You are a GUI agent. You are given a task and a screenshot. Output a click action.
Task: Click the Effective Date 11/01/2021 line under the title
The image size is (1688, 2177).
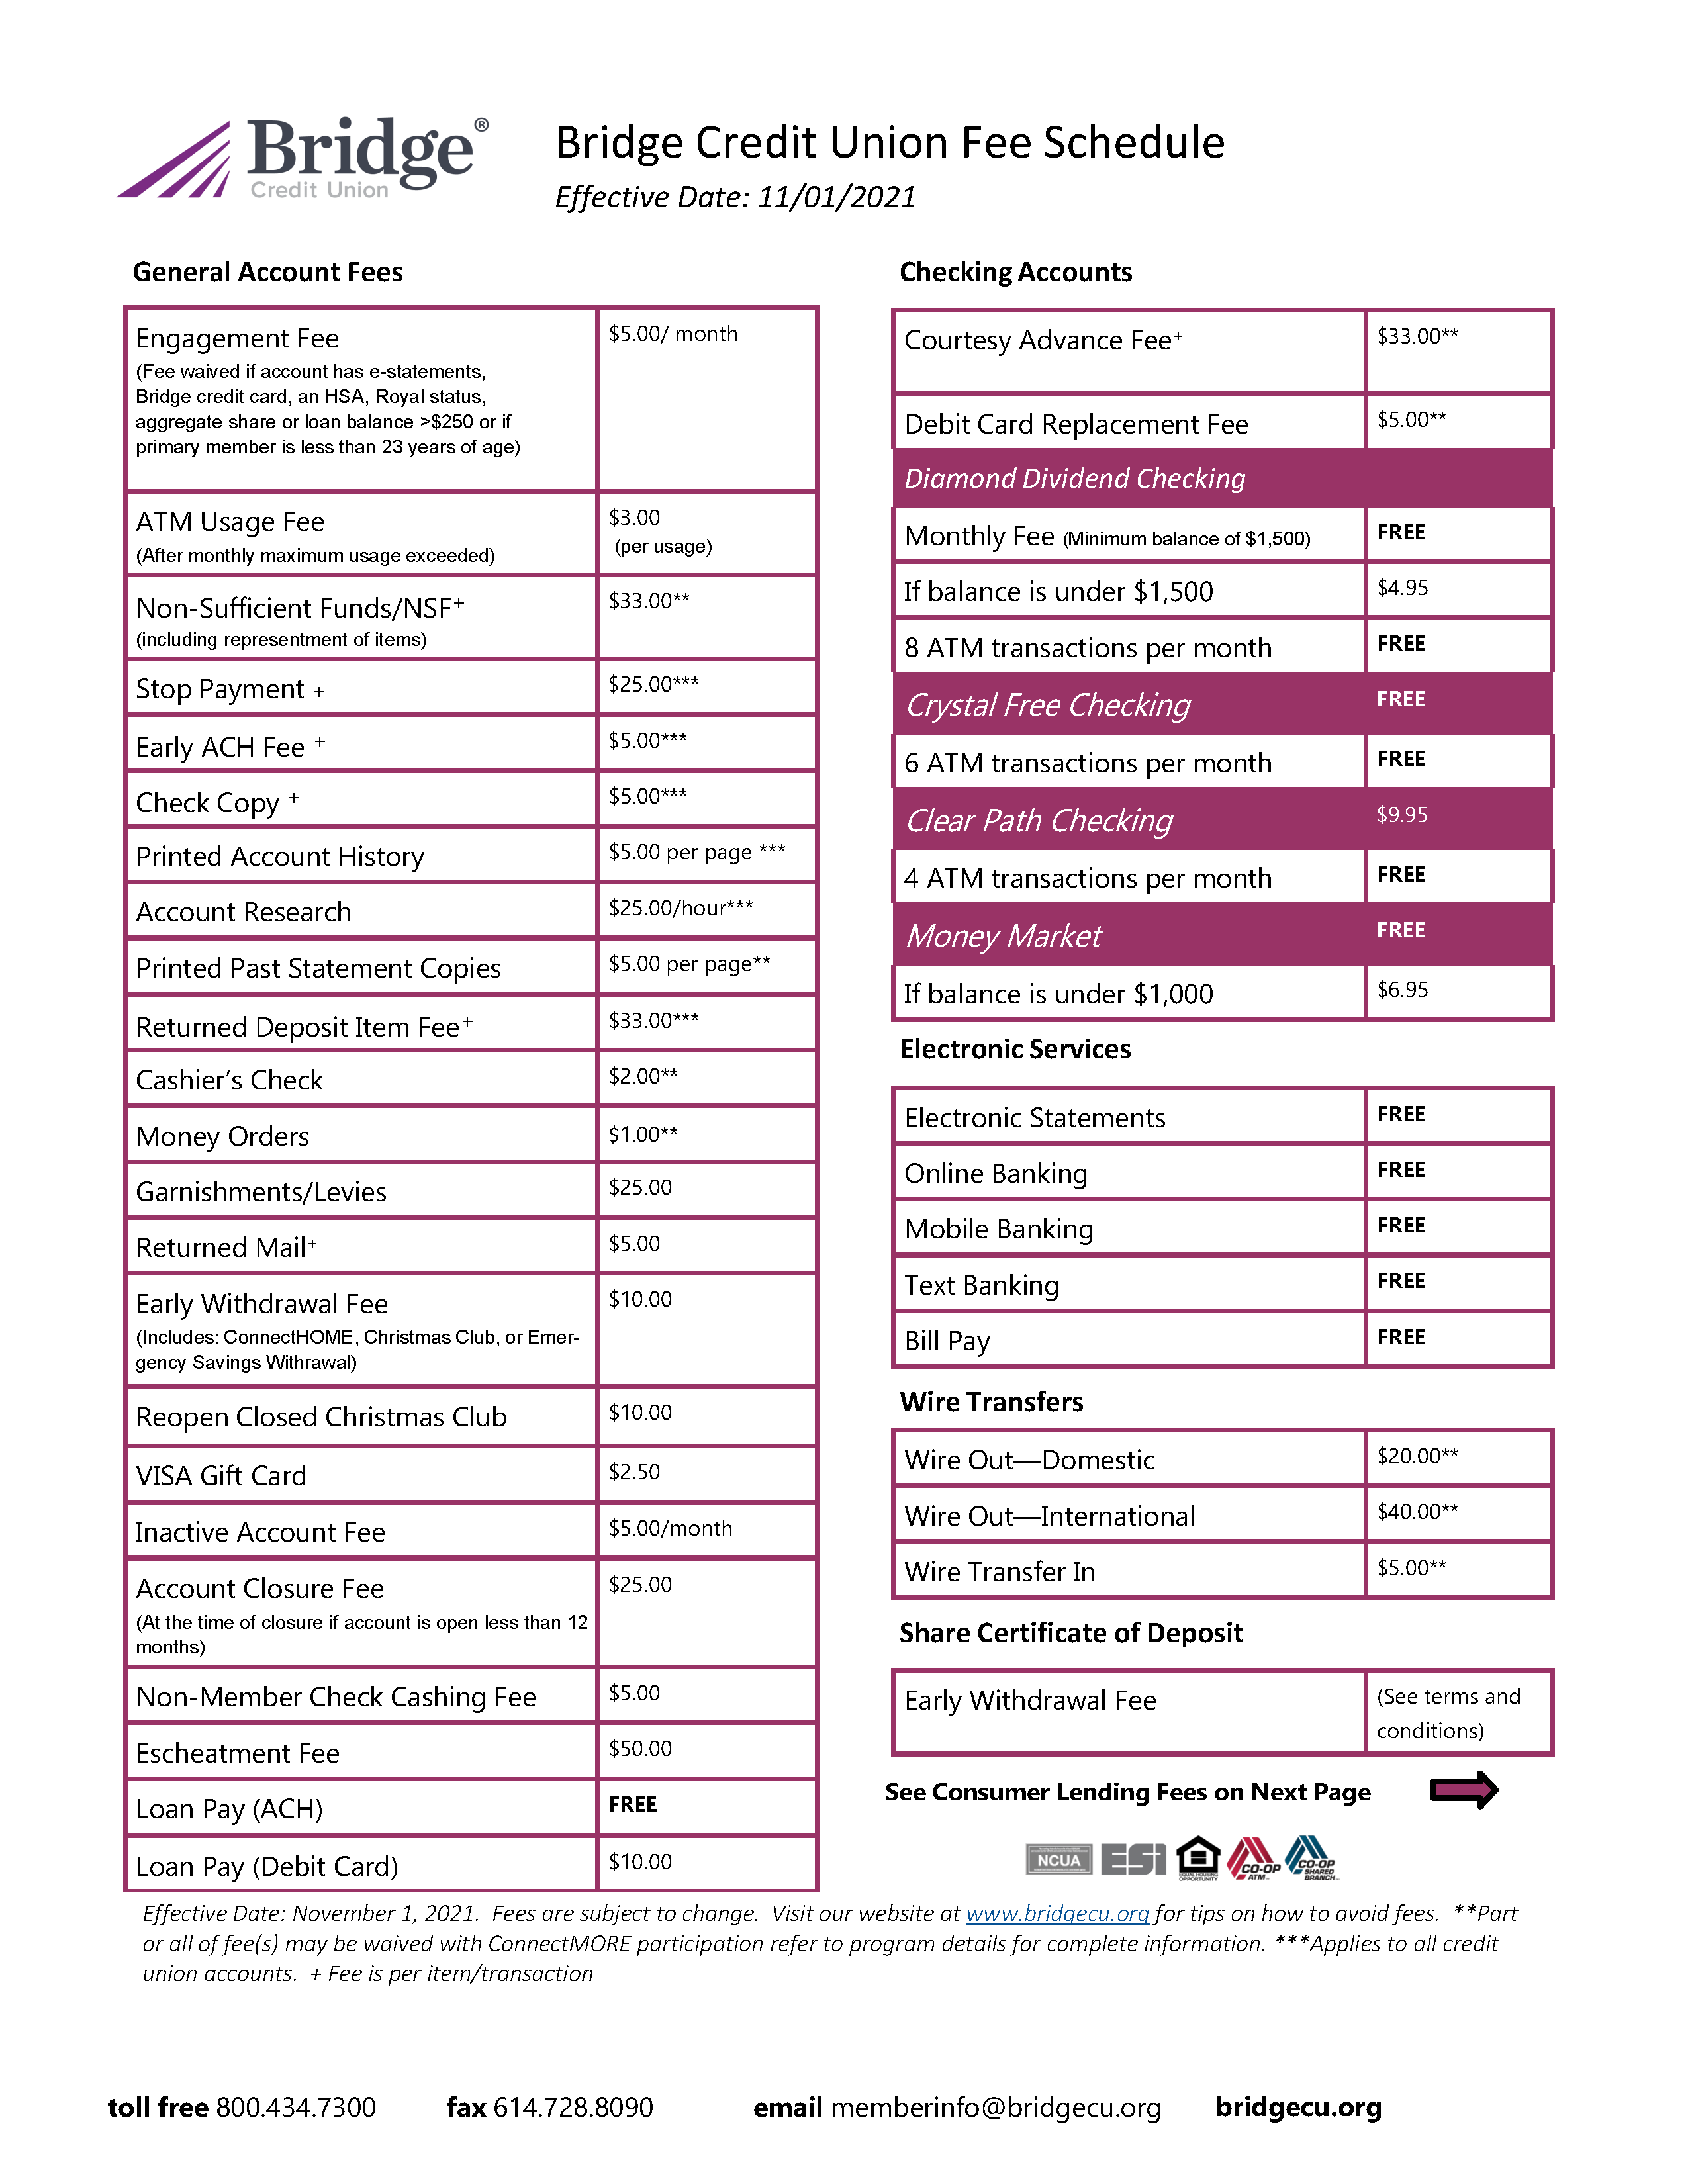(x=735, y=197)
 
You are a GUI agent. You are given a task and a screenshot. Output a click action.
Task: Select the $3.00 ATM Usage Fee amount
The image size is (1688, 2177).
(x=635, y=518)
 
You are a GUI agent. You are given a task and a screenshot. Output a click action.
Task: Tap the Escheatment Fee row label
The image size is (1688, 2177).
(x=237, y=1753)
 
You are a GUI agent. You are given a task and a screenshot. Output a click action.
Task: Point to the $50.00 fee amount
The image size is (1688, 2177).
(x=640, y=1749)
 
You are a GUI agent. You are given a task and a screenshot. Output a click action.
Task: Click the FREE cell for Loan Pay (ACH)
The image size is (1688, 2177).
(x=633, y=1805)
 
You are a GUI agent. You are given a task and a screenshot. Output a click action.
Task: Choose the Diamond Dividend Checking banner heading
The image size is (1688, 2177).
(x=1074, y=479)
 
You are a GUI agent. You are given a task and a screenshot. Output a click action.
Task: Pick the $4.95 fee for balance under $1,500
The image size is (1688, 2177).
(x=1402, y=588)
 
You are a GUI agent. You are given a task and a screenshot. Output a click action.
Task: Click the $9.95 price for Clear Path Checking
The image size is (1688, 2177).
(x=1402, y=815)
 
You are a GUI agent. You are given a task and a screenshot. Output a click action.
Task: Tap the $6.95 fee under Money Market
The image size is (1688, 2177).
(x=1402, y=990)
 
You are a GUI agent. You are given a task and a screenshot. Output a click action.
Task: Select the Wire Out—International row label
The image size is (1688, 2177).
(x=1049, y=1516)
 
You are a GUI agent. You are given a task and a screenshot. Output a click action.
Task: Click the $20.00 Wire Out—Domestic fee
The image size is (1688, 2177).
(x=1417, y=1456)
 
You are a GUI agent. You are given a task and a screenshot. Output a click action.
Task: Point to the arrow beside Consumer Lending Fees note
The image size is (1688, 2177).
(x=1464, y=1791)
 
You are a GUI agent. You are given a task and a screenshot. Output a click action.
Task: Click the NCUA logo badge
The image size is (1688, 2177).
(x=1058, y=1860)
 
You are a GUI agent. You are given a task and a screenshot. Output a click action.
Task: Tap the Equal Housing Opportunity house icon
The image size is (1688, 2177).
(x=1197, y=1858)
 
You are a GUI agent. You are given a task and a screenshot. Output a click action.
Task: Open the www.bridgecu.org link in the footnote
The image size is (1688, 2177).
(x=1058, y=1914)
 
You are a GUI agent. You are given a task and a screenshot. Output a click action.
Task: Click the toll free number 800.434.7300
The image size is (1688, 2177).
(x=296, y=2108)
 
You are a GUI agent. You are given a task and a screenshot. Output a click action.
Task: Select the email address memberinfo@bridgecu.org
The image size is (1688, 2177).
(x=995, y=2108)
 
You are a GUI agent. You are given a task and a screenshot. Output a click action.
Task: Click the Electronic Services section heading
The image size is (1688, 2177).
(x=1015, y=1050)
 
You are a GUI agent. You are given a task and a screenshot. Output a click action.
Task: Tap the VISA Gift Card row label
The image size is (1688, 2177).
(x=221, y=1476)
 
